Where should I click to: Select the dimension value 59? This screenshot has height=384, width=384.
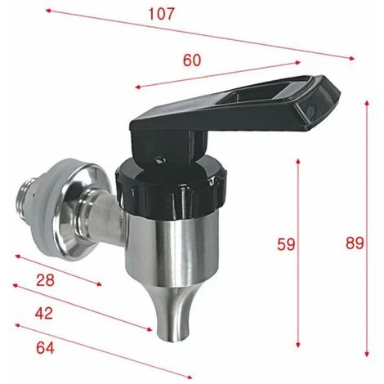[286, 243]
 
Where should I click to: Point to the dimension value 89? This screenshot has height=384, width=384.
[354, 243]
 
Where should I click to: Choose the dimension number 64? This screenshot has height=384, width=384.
[45, 347]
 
